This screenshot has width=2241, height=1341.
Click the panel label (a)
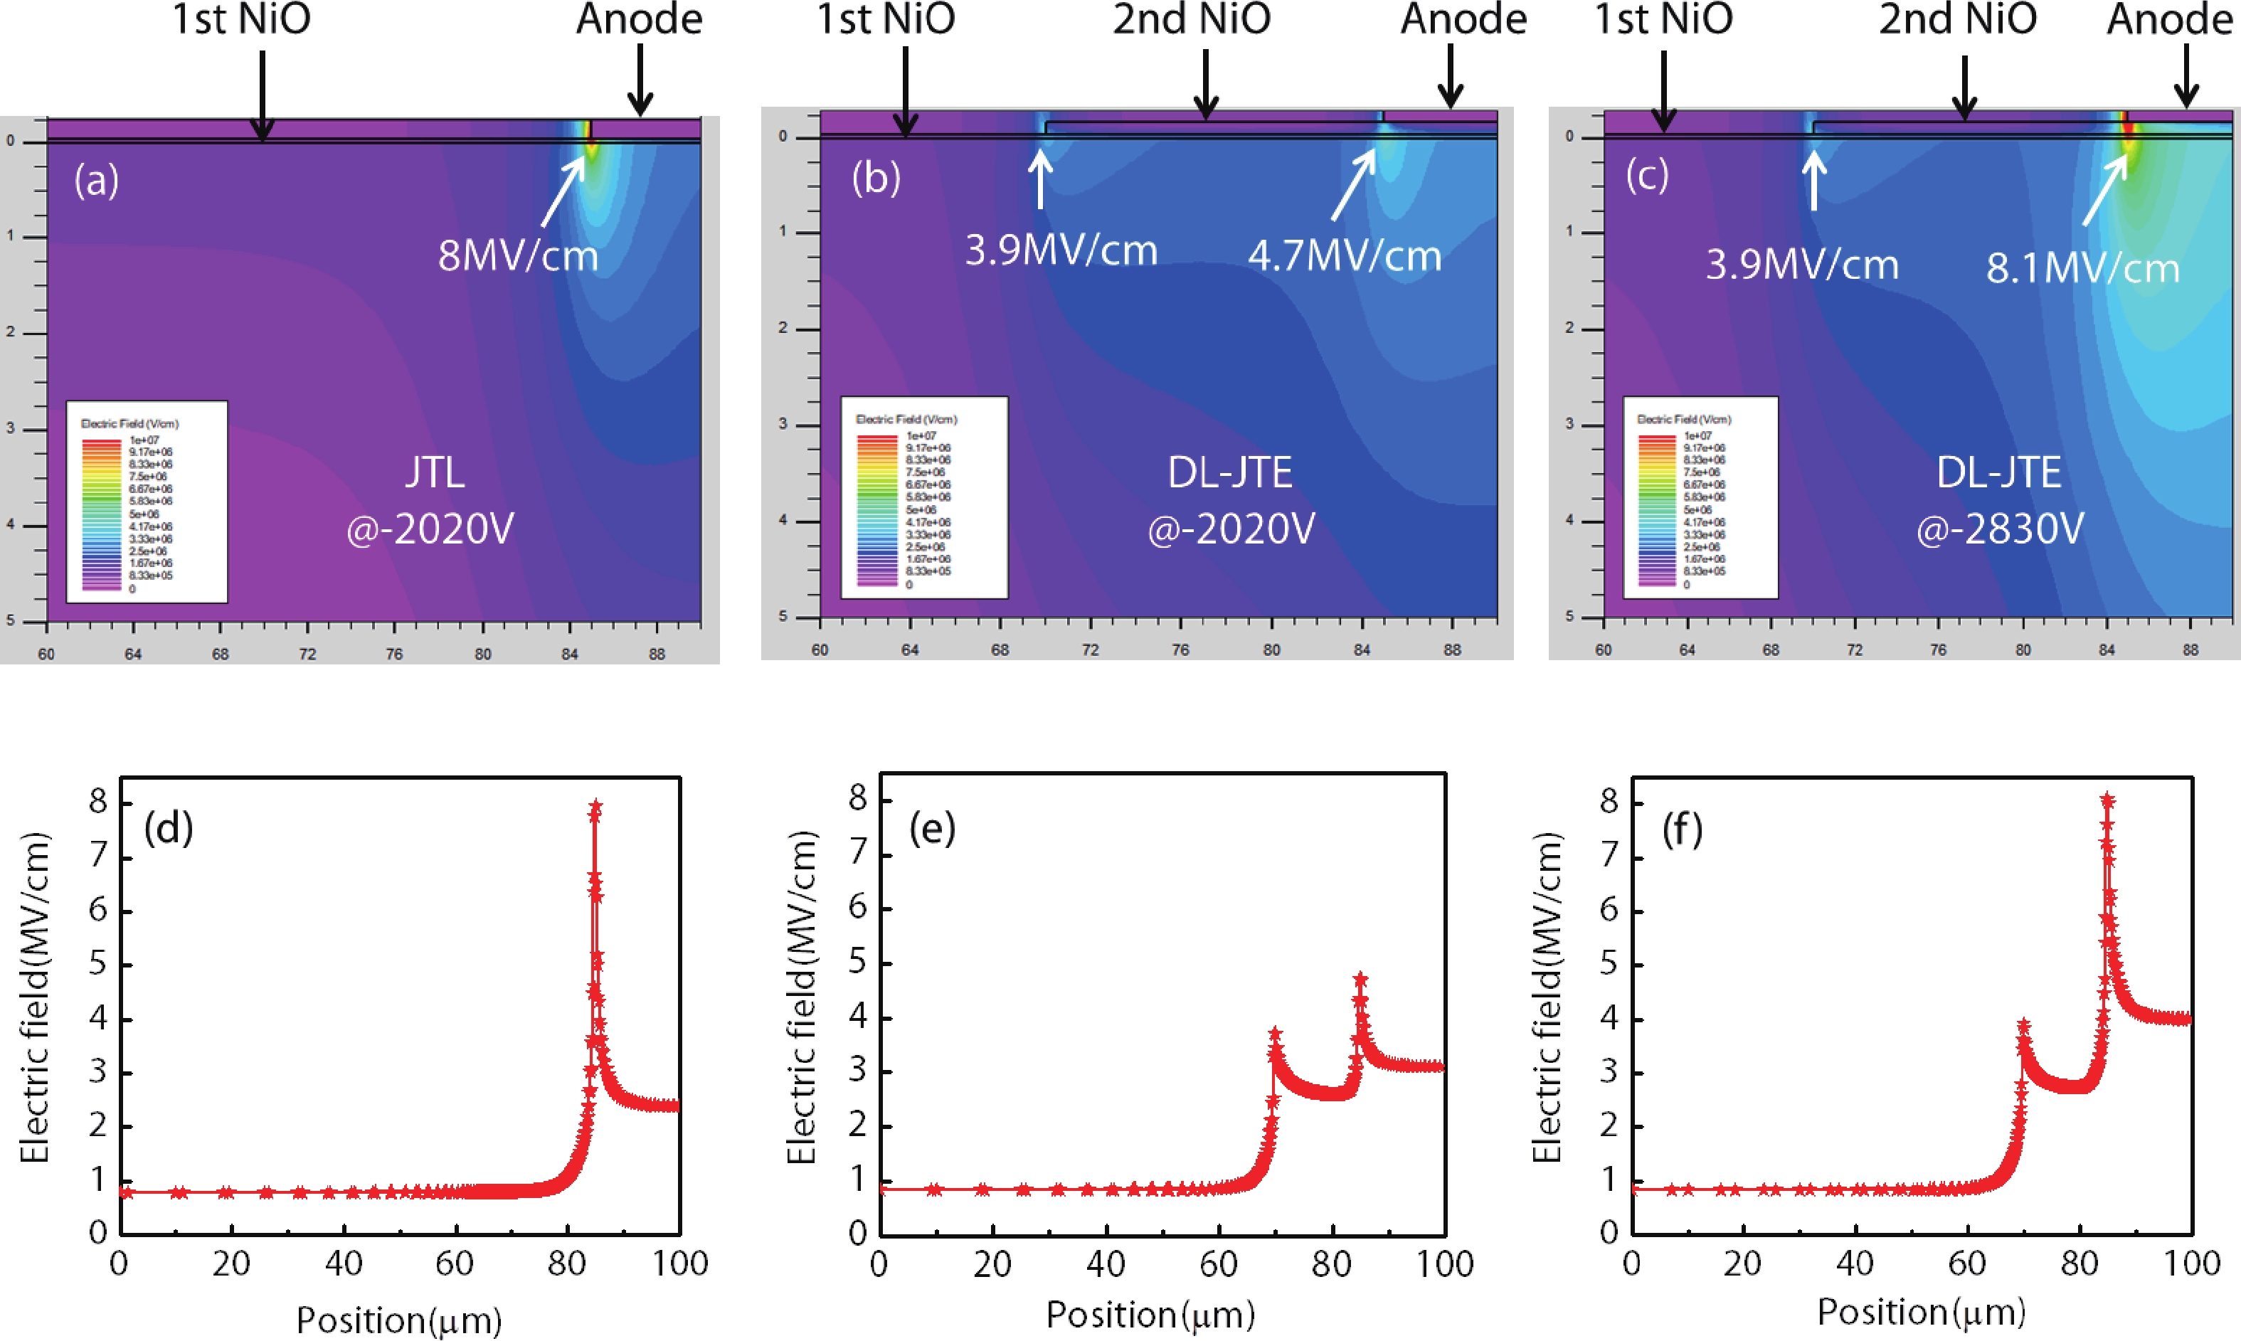(97, 180)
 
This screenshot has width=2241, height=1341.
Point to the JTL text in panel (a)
(435, 472)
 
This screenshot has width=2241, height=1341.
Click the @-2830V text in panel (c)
(2000, 529)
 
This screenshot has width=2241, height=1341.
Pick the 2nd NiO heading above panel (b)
(1191, 19)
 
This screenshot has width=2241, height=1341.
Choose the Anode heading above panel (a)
(640, 19)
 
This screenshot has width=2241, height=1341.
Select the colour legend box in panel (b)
(923, 497)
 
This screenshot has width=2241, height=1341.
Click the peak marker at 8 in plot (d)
(595, 807)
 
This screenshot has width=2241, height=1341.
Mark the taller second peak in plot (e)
(1360, 980)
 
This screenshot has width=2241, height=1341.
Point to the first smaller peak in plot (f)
(2023, 1027)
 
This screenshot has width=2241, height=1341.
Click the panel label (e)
(933, 828)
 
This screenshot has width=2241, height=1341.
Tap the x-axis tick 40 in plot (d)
(344, 1263)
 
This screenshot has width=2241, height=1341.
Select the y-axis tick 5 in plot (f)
(1609, 964)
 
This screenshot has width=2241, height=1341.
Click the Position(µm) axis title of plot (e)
(1150, 1315)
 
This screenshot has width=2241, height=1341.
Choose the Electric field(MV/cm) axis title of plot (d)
(34, 997)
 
